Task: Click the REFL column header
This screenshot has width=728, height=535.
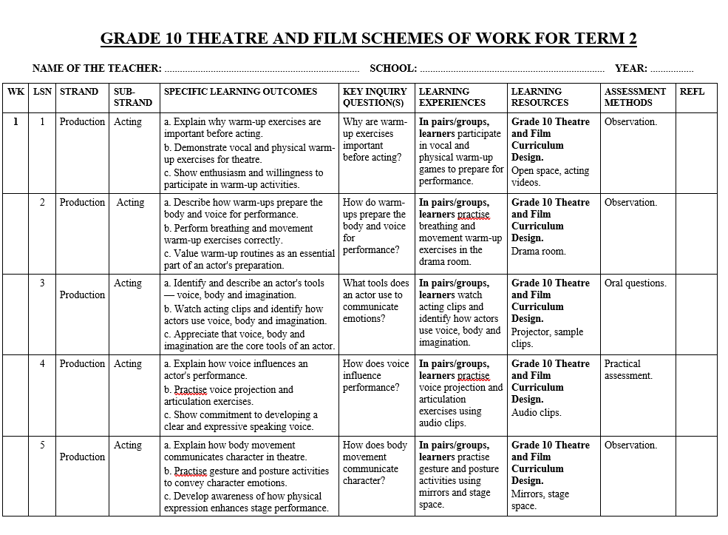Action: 692,92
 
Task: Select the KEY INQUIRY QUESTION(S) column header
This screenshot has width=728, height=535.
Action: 375,97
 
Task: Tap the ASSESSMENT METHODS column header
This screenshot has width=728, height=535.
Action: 635,97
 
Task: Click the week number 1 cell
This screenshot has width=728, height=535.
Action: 16,122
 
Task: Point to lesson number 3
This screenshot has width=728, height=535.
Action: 43,283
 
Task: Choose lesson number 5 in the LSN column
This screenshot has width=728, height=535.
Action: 43,445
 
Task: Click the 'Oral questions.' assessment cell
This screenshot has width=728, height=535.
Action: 635,283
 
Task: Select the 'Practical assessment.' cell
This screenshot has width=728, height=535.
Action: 628,370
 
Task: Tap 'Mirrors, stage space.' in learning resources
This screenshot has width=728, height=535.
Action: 540,500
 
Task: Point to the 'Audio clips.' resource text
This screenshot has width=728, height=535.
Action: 536,413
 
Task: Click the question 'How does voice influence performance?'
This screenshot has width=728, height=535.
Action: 375,375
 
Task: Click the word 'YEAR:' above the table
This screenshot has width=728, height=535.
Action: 630,68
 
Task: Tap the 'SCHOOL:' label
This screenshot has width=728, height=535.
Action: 393,68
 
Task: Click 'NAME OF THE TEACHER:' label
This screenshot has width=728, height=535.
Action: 97,68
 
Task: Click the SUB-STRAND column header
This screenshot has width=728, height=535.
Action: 133,97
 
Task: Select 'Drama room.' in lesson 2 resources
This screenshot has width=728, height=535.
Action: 538,251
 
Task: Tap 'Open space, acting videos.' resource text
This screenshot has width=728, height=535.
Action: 550,176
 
